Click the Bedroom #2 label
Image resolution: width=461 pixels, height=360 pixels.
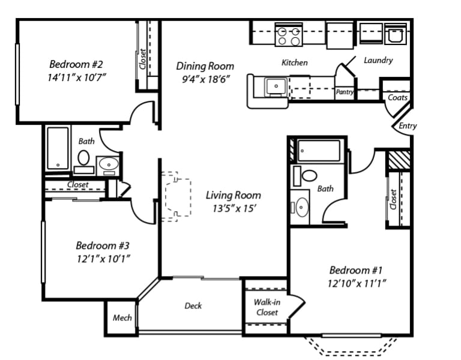click(77, 64)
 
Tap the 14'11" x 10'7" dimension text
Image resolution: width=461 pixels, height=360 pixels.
click(77, 77)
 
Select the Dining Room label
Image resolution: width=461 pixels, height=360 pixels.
click(205, 66)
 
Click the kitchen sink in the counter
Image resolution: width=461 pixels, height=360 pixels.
click(276, 87)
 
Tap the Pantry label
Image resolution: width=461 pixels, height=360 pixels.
click(345, 92)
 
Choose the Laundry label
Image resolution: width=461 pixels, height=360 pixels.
click(378, 60)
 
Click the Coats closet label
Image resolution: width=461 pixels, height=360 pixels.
click(397, 97)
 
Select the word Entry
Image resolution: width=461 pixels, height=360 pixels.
click(408, 126)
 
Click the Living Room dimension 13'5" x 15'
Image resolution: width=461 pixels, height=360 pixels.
click(233, 209)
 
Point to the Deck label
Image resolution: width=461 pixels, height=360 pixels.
click(193, 306)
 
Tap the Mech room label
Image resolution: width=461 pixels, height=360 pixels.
click(122, 318)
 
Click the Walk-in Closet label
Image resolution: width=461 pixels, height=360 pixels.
click(267, 307)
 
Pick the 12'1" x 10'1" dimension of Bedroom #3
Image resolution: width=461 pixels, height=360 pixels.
click(103, 259)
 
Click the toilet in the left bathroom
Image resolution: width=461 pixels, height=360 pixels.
click(84, 158)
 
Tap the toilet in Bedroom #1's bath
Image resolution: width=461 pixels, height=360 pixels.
click(309, 175)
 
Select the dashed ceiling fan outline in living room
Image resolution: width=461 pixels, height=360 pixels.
click(177, 197)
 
